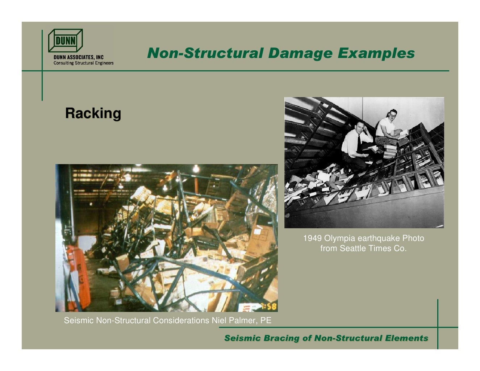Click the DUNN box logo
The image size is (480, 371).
pos(66,41)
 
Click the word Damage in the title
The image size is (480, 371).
pos(300,53)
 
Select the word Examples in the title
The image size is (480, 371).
pos(376,53)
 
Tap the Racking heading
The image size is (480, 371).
pos(93,113)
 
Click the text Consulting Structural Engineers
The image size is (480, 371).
pos(84,63)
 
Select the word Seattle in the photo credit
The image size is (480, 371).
pos(352,249)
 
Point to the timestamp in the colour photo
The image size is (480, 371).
pos(268,307)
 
